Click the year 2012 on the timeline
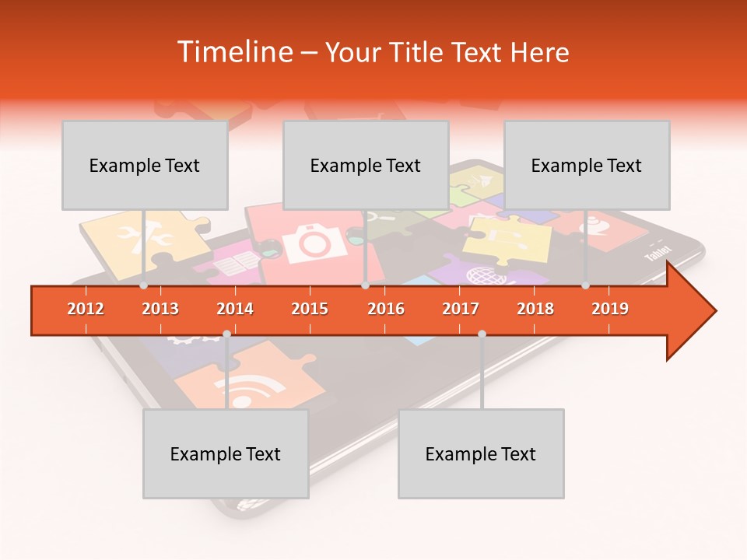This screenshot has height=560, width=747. (86, 309)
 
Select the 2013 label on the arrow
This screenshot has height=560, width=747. (160, 309)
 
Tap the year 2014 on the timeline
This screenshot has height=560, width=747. (235, 309)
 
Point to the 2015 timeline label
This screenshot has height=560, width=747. (310, 309)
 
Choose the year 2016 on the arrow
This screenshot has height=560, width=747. (386, 309)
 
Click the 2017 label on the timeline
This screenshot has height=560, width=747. (461, 309)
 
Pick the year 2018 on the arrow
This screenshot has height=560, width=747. (535, 309)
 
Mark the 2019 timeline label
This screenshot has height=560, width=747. (610, 309)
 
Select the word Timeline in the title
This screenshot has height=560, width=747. (233, 52)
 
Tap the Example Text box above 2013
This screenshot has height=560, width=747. (145, 165)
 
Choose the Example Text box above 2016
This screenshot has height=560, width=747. (366, 165)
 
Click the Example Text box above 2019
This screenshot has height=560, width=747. (587, 165)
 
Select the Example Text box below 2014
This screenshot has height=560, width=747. (226, 453)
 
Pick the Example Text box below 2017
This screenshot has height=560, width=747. (481, 453)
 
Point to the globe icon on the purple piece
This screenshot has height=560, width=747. (480, 275)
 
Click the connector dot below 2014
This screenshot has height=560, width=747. (226, 334)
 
